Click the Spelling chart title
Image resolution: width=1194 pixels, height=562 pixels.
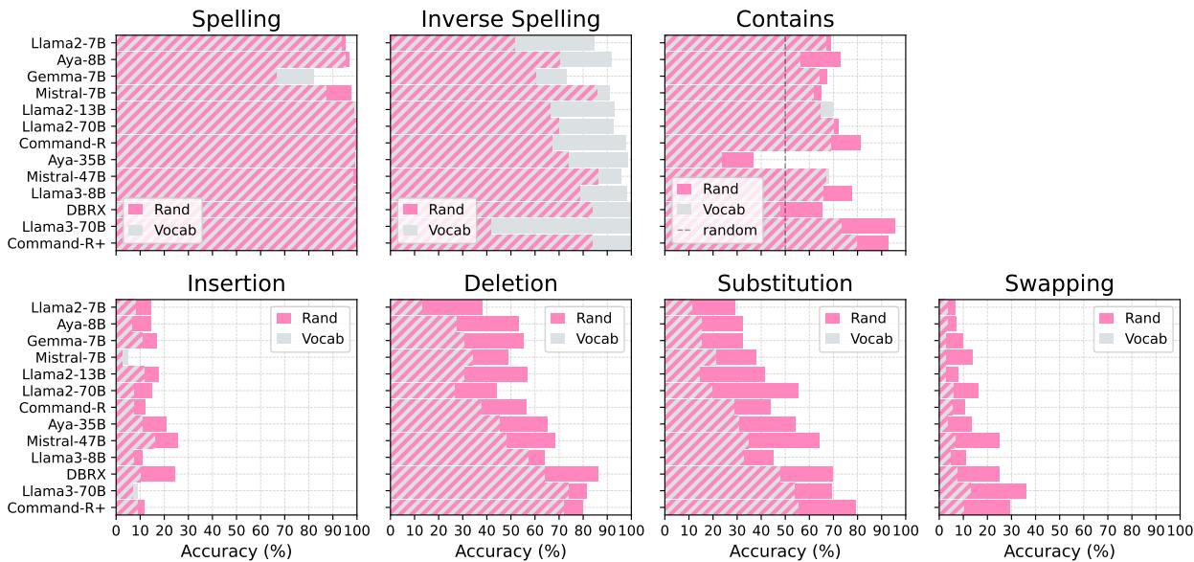click(236, 19)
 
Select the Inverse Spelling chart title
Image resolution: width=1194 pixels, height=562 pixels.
click(510, 19)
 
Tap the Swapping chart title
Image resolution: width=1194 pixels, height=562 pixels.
click(1059, 283)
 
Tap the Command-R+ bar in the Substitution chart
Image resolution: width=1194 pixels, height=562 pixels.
click(759, 506)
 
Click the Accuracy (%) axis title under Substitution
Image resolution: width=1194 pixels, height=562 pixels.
click(784, 551)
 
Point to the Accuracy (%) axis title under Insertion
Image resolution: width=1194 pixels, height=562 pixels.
click(236, 551)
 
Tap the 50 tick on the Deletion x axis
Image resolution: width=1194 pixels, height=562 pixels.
click(510, 529)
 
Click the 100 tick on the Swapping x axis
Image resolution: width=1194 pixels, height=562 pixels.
click(1179, 529)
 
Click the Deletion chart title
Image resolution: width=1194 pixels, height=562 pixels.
click(510, 283)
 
